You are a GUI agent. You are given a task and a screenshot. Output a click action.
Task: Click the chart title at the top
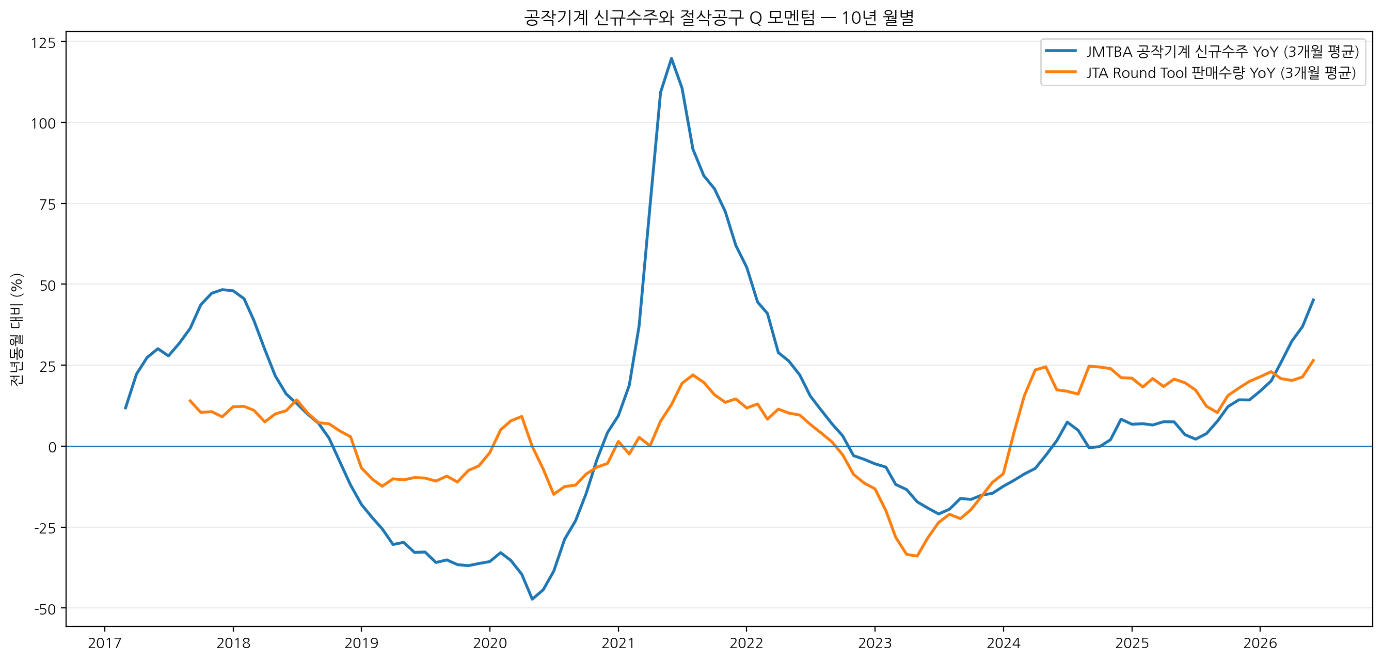pyautogui.click(x=719, y=18)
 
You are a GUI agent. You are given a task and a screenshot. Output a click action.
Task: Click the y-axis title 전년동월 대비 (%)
pyautogui.click(x=17, y=329)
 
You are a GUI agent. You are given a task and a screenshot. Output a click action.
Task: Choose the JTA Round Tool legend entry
pyautogui.click(x=1200, y=72)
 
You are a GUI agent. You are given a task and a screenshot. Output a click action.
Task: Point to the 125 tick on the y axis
pyautogui.click(x=43, y=42)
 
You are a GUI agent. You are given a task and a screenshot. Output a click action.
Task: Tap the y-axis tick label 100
pyautogui.click(x=43, y=123)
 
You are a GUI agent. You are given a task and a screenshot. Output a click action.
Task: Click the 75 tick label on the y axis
pyautogui.click(x=48, y=204)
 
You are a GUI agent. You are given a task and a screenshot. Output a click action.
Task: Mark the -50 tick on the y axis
pyautogui.click(x=45, y=609)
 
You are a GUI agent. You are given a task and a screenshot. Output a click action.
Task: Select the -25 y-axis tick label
pyautogui.click(x=45, y=528)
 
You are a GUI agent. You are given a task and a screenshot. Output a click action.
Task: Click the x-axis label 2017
pyautogui.click(x=105, y=643)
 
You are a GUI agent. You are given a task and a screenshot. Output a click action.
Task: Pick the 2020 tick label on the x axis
pyautogui.click(x=489, y=643)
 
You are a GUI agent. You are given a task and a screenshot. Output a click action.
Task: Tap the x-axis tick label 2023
pyautogui.click(x=875, y=643)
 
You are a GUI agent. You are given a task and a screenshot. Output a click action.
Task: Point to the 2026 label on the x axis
pyautogui.click(x=1260, y=643)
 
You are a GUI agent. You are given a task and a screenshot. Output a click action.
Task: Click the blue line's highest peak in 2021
pyautogui.click(x=671, y=58)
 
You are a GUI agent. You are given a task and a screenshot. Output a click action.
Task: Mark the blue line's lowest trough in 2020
pyautogui.click(x=532, y=599)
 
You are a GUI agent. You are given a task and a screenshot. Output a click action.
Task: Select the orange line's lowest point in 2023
pyautogui.click(x=917, y=556)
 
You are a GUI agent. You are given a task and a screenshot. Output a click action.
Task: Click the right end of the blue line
pyautogui.click(x=1313, y=299)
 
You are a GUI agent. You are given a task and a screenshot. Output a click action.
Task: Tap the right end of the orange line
pyautogui.click(x=1313, y=360)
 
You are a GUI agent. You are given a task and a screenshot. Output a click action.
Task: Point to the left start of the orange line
pyautogui.click(x=189, y=400)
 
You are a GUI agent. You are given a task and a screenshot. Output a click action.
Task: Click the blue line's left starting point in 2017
pyautogui.click(x=125, y=408)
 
